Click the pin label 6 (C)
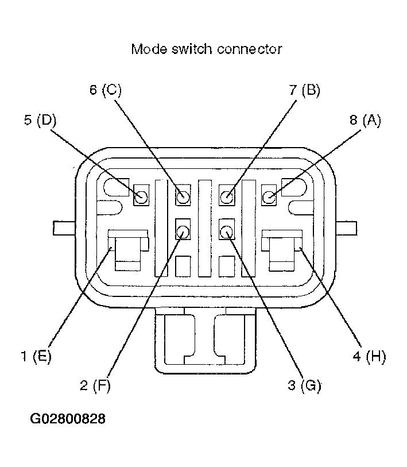point(106,90)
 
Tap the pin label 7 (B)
point(305,90)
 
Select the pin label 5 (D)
point(41,120)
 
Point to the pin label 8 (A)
point(365,120)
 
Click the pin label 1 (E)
point(36,356)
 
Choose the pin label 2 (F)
point(95,385)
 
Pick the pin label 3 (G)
point(305,385)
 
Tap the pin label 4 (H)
point(369,356)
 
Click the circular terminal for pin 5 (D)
point(141,196)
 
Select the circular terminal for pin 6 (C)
point(183,196)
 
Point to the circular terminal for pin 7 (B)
point(227,196)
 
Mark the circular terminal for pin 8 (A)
point(269,196)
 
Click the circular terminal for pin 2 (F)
point(183,231)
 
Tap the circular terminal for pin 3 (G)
point(227,231)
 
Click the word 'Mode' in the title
point(149,49)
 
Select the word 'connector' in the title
point(250,49)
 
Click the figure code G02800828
point(68,419)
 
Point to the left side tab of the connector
point(64,228)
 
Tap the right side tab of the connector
point(346,228)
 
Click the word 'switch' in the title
point(192,49)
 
